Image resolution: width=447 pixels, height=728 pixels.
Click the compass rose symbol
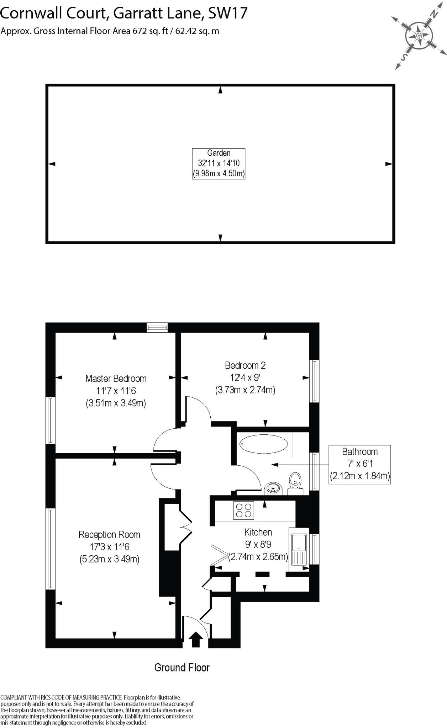click(419, 36)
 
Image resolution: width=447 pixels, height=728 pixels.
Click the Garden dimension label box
click(219, 164)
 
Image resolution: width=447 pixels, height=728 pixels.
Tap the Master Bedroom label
click(116, 379)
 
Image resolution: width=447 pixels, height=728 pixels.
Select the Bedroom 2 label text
click(245, 365)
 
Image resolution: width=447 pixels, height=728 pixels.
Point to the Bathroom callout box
click(359, 464)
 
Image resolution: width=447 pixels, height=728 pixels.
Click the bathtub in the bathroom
click(264, 444)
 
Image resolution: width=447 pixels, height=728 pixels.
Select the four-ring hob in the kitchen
click(244, 510)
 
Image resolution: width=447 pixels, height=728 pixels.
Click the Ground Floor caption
click(182, 668)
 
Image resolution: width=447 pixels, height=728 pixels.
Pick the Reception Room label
click(109, 535)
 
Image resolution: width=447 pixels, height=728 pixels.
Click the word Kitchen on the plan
click(258, 532)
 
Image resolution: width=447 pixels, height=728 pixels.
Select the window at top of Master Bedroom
click(157, 327)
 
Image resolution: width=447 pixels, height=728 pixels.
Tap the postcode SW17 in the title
click(228, 13)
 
